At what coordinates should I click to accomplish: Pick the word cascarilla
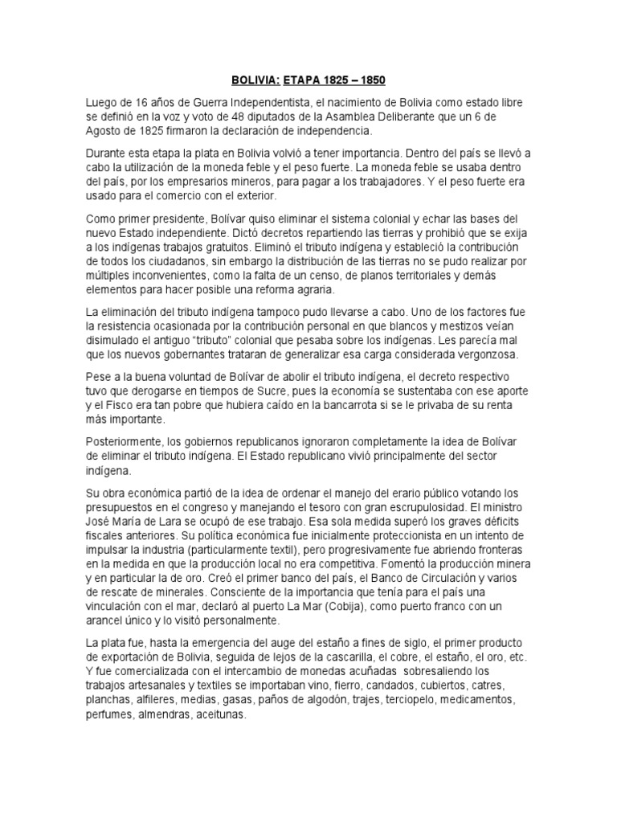370,657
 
